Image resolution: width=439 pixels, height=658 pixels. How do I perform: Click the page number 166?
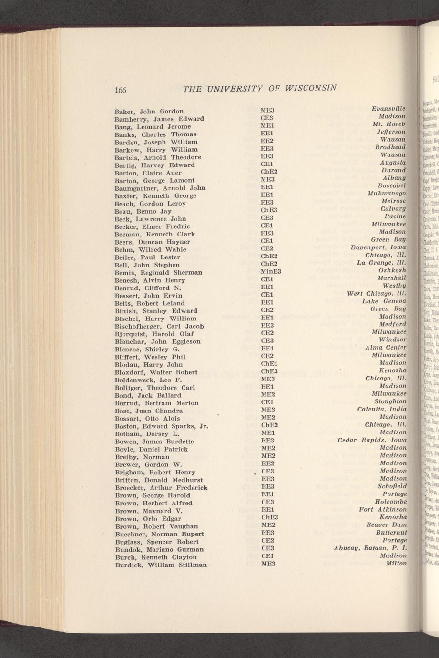[120, 90]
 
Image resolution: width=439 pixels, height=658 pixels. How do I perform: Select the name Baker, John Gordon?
[149, 111]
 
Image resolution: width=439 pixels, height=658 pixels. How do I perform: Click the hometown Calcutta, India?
[382, 409]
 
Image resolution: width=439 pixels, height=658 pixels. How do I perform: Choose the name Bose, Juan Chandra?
[149, 411]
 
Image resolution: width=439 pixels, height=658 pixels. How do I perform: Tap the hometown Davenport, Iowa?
[378, 247]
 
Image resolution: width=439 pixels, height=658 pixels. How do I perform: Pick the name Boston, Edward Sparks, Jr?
[162, 426]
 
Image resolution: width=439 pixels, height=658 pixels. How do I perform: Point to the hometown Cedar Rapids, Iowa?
[372, 440]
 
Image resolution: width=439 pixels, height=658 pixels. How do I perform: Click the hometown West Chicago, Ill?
[377, 294]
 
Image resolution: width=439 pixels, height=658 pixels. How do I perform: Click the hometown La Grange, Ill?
[381, 263]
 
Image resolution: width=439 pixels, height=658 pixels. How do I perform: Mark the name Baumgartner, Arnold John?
[160, 188]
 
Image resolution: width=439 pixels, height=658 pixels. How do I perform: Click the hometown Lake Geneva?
[384, 301]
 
